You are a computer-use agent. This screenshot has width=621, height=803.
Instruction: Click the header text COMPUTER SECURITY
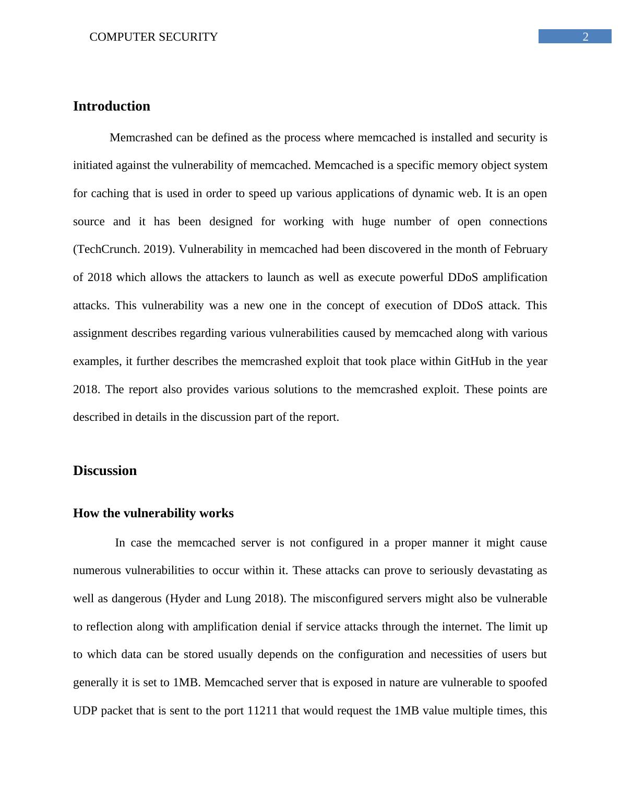point(153,37)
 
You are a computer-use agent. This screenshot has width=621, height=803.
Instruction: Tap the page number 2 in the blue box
point(586,36)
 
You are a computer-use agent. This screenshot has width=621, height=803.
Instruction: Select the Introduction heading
point(112,106)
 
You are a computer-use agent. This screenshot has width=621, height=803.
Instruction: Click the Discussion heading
point(105,471)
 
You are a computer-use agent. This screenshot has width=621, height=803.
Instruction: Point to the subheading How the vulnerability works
point(153,514)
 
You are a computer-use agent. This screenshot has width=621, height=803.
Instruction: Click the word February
point(526,249)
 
